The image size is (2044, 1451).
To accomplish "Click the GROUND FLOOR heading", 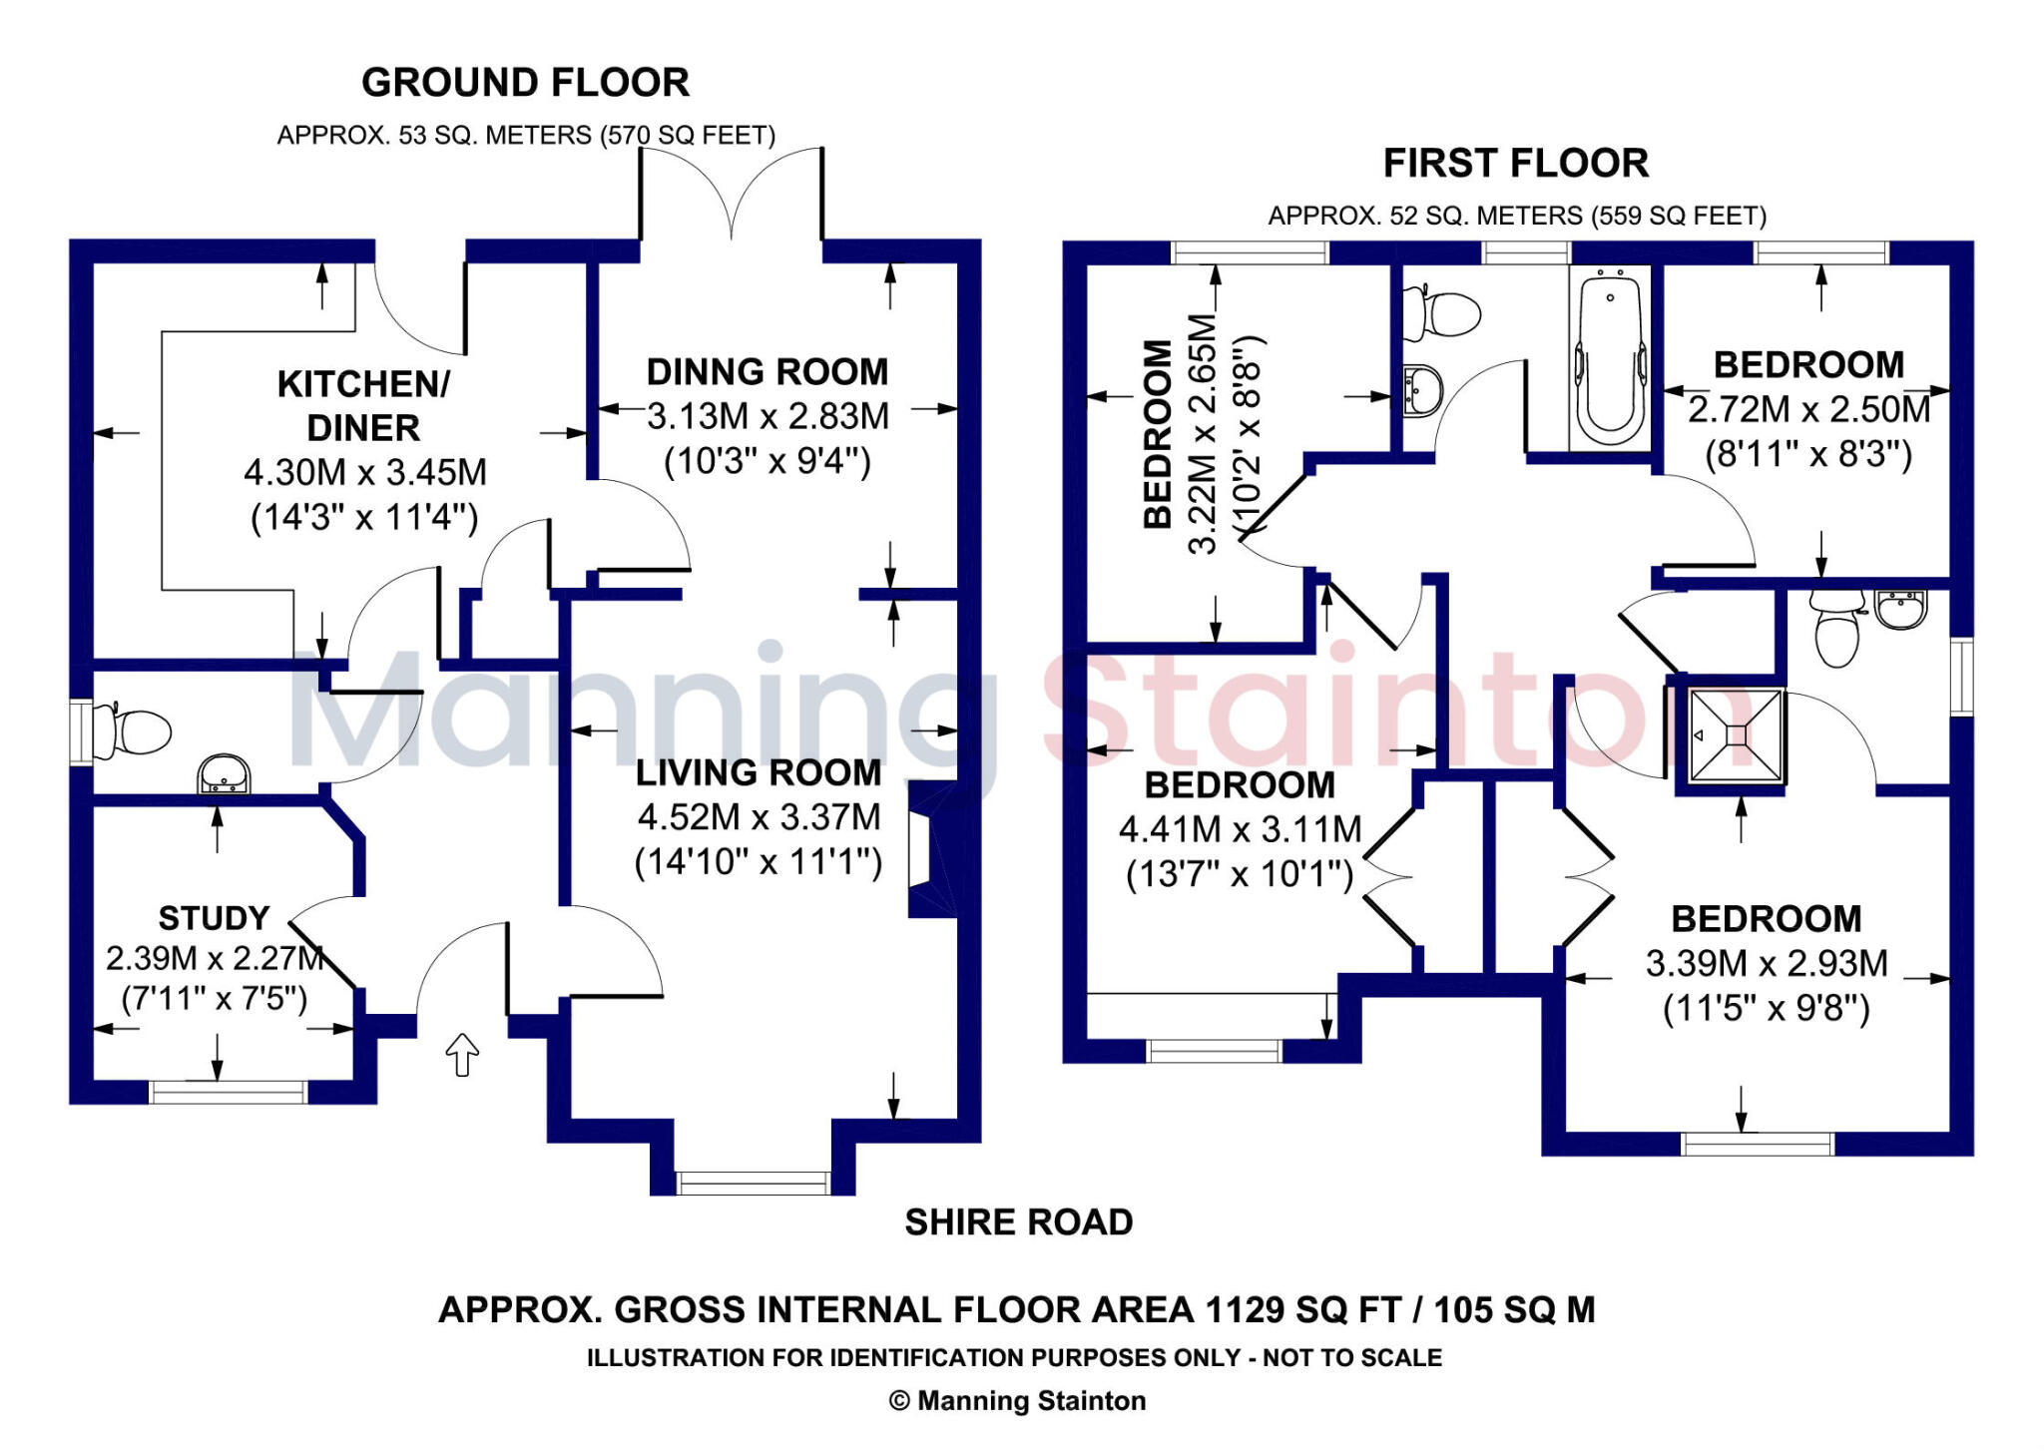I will pos(525,83).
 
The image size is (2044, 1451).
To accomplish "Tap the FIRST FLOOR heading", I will pos(1515,164).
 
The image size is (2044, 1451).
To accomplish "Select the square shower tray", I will pos(1736,735).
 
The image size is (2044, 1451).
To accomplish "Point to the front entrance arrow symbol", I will pos(462,1054).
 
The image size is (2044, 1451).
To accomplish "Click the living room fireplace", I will pos(930,850).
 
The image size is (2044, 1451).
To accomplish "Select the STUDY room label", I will pos(215,918).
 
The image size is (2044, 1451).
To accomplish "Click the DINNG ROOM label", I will pos(766,372).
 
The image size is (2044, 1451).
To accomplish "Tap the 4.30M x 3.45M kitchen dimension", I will pos(365,473).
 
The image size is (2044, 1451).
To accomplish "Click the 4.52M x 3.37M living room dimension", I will pos(759,817).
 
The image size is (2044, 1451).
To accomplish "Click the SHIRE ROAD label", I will pos(1018,1222).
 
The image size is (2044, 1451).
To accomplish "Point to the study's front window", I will pos(228,1093).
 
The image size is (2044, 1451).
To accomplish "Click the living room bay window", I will pos(753,1184).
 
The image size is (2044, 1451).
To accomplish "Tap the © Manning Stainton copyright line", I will pos(1017,1401).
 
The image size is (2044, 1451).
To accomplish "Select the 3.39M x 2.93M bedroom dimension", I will pos(1766,964).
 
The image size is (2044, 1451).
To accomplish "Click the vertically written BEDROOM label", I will pos(1157,434).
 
